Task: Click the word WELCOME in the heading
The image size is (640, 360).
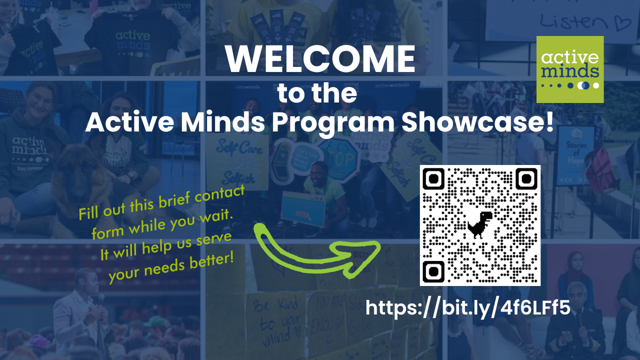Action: pos(320,59)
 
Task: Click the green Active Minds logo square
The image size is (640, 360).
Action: pos(570,69)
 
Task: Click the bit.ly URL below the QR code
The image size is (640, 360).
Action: pos(467,308)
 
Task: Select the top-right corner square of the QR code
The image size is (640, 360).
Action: pos(526,178)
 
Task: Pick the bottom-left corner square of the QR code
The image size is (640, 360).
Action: pos(433,271)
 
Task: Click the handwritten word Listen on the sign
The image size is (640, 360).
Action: pos(575,21)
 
